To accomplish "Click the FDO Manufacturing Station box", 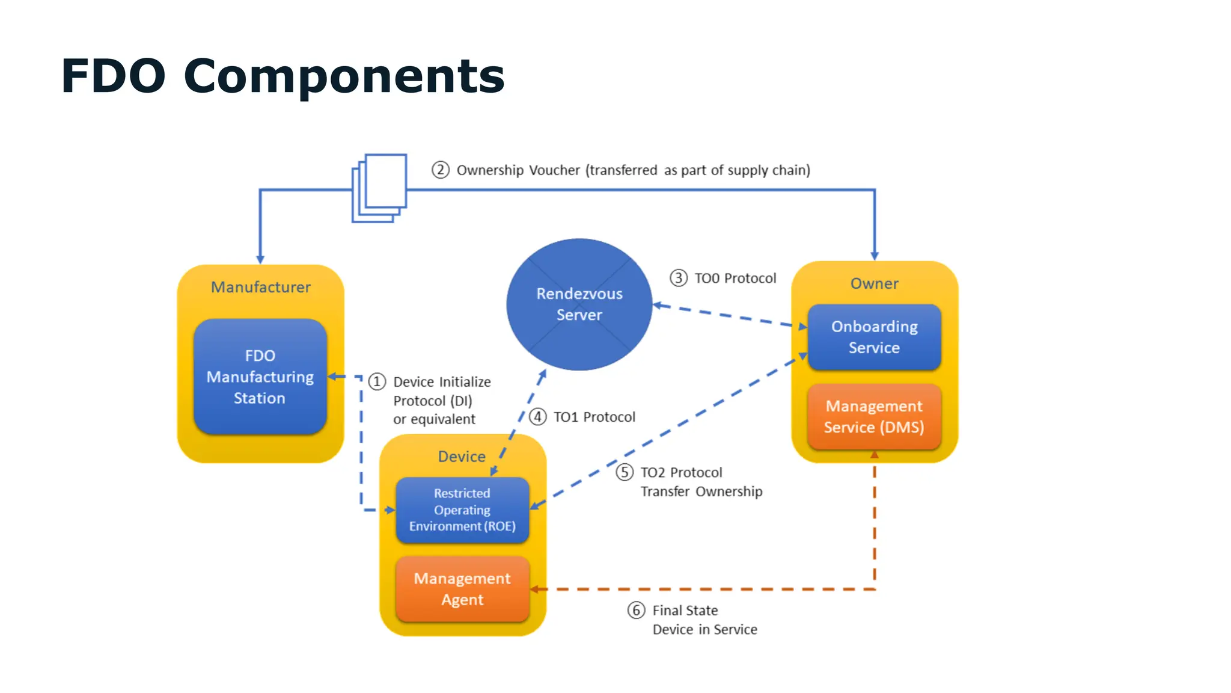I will (x=260, y=377).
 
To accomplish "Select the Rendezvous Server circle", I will (x=579, y=304).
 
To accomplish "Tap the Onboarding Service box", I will (x=874, y=337).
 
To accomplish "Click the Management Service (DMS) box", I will (x=874, y=416).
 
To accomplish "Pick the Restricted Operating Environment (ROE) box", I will (x=462, y=510).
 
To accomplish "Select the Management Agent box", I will (x=462, y=589).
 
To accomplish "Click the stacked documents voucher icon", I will (x=380, y=188).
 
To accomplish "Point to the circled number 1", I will (x=377, y=381).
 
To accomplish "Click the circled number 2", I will (x=441, y=170).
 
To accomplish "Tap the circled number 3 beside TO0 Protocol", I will (x=679, y=278).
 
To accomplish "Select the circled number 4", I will (x=537, y=416).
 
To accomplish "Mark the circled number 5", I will (x=625, y=472).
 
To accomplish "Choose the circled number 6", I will (x=637, y=610).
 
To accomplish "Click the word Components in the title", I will (x=344, y=76).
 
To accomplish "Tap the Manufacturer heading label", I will (x=260, y=287).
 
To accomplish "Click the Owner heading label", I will (x=874, y=283).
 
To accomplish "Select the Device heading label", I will (x=462, y=457).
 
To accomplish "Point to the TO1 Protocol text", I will (x=594, y=417).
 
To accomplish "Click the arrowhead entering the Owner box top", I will (x=875, y=256).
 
